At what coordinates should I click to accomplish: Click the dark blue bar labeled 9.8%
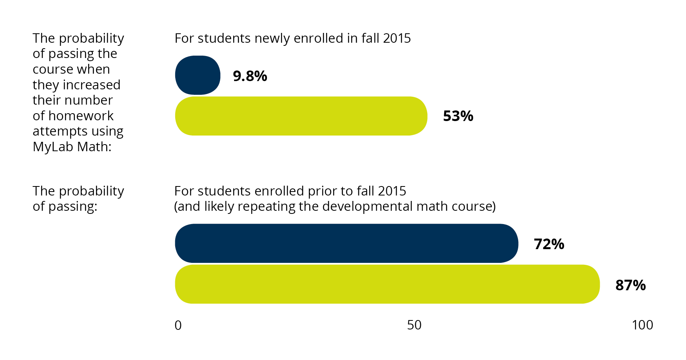[x=198, y=75]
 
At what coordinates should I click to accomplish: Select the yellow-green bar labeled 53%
[x=301, y=116]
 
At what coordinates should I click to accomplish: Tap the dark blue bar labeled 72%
[x=346, y=243]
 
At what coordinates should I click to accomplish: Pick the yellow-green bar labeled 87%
[x=387, y=284]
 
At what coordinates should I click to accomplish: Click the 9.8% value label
[x=250, y=76]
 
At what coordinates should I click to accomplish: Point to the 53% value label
[x=458, y=116]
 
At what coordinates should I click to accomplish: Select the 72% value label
[x=549, y=244]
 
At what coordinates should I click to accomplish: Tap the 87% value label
[x=630, y=285]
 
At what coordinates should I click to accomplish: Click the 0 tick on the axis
[x=178, y=325]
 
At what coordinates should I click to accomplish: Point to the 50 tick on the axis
[x=414, y=325]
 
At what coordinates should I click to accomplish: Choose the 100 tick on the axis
[x=642, y=325]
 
